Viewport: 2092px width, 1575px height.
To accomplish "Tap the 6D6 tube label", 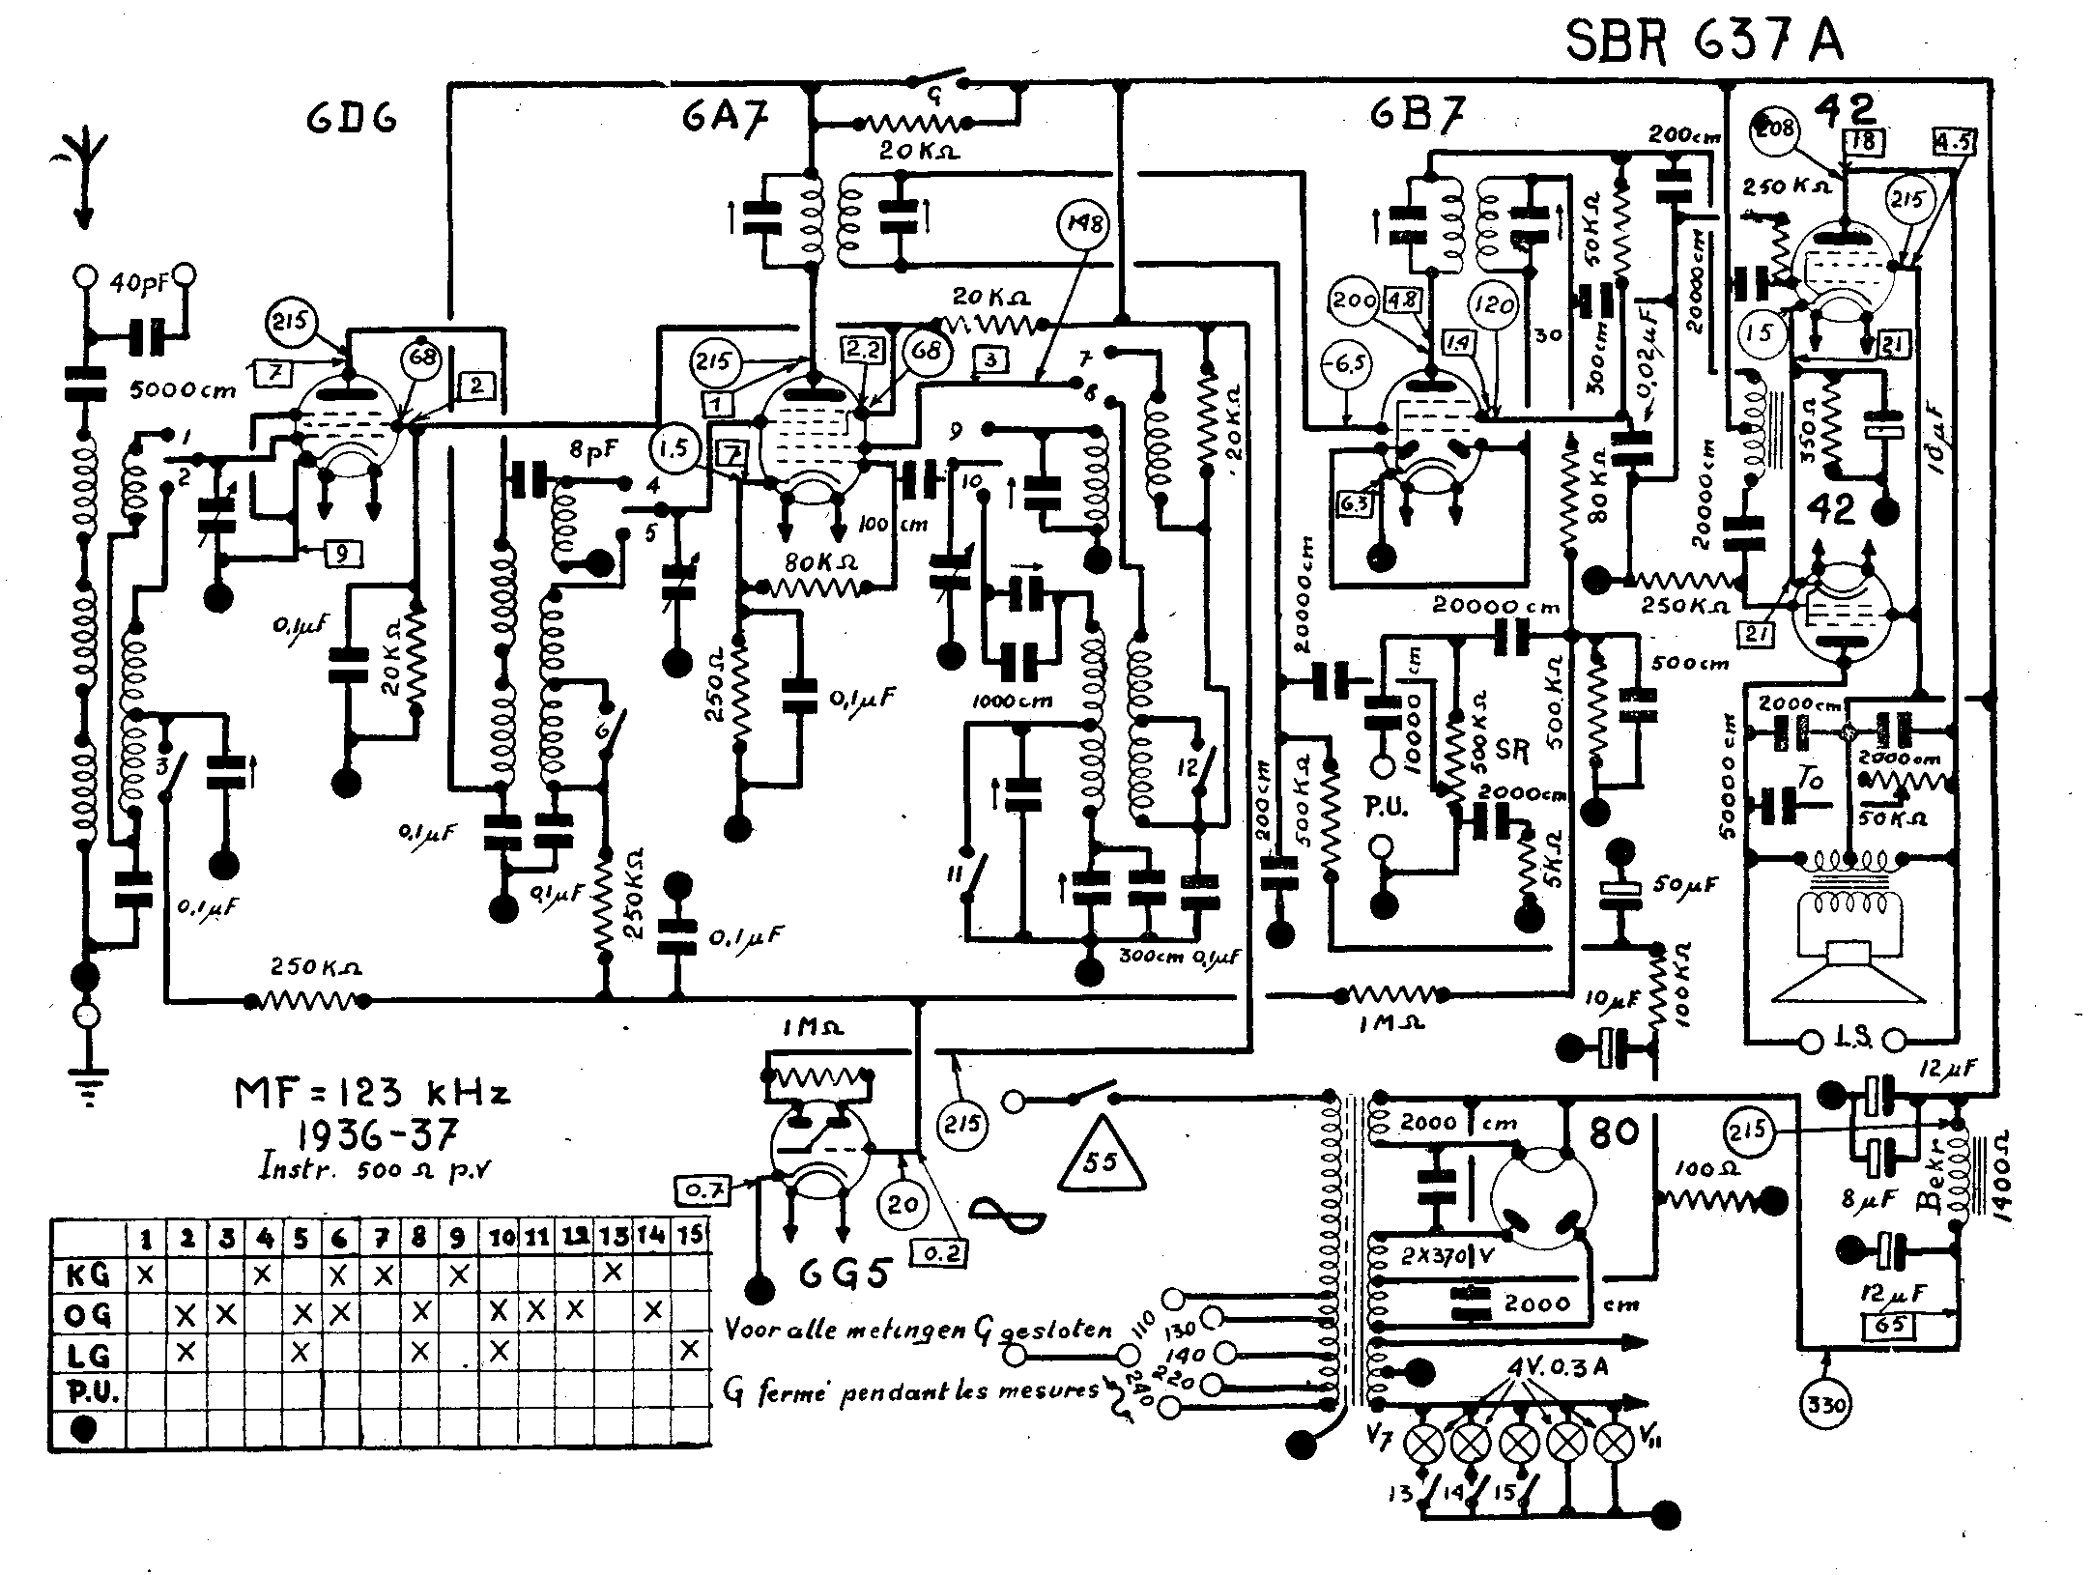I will [351, 121].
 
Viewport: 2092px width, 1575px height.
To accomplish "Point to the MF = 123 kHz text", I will [373, 1095].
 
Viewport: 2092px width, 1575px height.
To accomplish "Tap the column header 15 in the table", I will [691, 1236].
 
